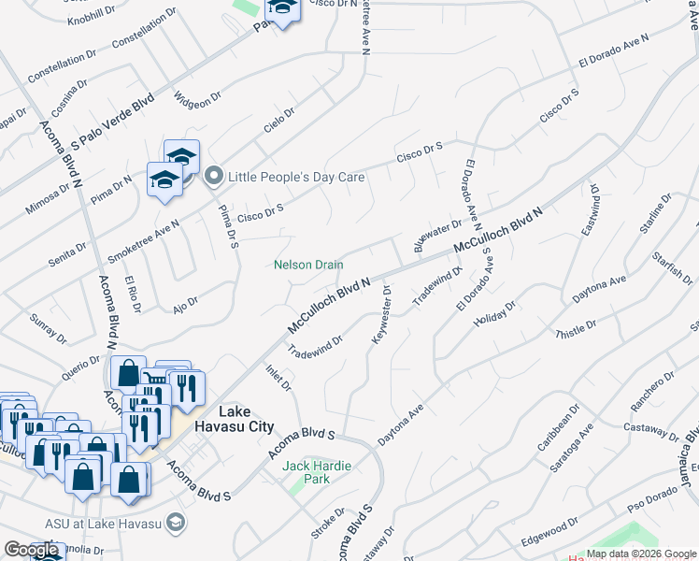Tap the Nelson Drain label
(308, 265)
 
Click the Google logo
(32, 550)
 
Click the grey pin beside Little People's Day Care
(213, 175)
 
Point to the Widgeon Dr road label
(198, 94)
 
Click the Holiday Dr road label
(495, 314)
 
